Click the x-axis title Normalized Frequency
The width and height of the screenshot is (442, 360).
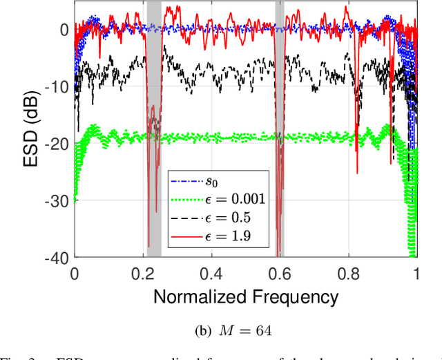click(245, 297)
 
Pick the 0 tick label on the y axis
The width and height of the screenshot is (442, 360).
click(64, 30)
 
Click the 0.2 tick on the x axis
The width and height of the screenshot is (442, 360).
click(143, 272)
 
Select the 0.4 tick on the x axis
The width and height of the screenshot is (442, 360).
click(211, 272)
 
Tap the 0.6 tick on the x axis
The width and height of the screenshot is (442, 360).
click(280, 272)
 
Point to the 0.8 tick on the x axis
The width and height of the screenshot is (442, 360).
click(348, 272)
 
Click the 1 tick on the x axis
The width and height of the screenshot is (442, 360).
click(416, 272)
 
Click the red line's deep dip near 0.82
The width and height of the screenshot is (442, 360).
click(357, 169)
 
